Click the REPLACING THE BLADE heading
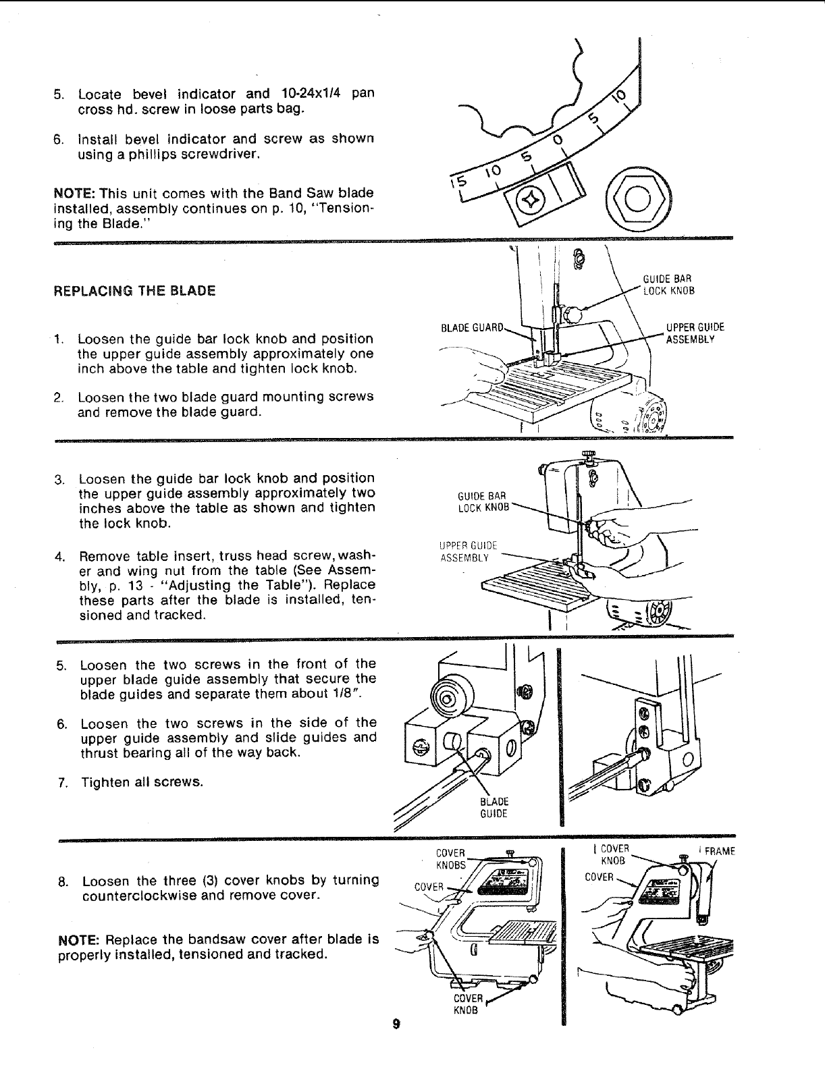tap(134, 291)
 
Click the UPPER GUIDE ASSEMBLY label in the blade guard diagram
tap(694, 333)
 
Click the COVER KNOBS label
tap(451, 858)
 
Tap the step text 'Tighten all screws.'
tap(142, 782)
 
